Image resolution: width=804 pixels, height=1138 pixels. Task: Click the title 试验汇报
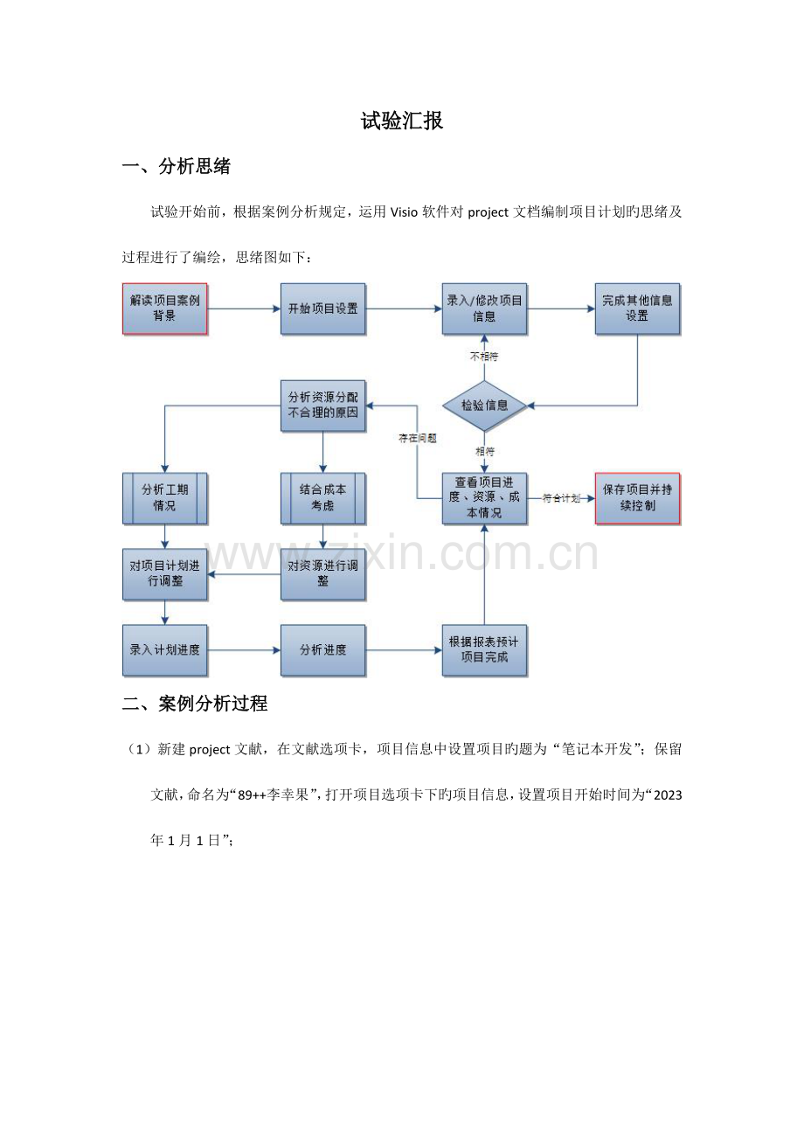pyautogui.click(x=402, y=121)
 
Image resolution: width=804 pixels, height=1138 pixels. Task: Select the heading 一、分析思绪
pyautogui.click(x=177, y=166)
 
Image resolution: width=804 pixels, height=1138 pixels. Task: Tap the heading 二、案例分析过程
pyautogui.click(x=195, y=703)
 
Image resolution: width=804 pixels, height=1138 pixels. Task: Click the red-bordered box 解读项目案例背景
pyautogui.click(x=164, y=309)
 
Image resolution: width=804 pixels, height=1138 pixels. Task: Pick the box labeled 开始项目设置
pyautogui.click(x=323, y=309)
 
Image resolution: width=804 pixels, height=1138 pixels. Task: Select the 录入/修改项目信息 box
pyautogui.click(x=484, y=309)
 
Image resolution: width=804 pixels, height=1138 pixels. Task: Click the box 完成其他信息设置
pyautogui.click(x=637, y=309)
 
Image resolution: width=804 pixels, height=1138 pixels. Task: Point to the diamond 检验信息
pyautogui.click(x=484, y=406)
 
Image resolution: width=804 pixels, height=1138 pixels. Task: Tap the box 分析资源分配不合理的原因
pyautogui.click(x=323, y=406)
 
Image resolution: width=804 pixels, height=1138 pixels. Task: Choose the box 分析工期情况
pyautogui.click(x=164, y=498)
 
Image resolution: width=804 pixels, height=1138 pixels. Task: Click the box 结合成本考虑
pyautogui.click(x=323, y=498)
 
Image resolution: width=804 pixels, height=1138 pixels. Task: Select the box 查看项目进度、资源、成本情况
pyautogui.click(x=484, y=498)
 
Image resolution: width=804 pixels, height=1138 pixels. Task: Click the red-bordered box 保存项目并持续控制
pyautogui.click(x=637, y=498)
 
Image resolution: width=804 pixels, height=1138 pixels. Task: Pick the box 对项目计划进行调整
pyautogui.click(x=164, y=574)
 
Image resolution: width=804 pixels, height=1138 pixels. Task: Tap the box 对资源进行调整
pyautogui.click(x=323, y=574)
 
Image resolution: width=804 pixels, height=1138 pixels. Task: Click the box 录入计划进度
pyautogui.click(x=164, y=649)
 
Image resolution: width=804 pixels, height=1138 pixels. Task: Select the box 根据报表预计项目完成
pyautogui.click(x=484, y=649)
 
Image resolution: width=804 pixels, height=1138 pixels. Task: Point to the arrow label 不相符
pyautogui.click(x=484, y=357)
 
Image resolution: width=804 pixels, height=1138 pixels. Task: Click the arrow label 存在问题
pyautogui.click(x=418, y=438)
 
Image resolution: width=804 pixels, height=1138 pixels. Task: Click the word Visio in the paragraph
pyautogui.click(x=404, y=212)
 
